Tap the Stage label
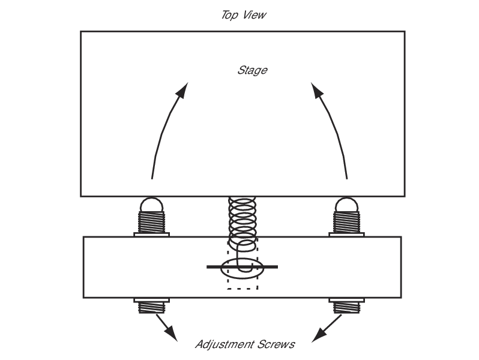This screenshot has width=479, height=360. [x=252, y=71]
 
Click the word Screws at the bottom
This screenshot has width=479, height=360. [x=277, y=344]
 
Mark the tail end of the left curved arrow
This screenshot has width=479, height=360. [x=152, y=178]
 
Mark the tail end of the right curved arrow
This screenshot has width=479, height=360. [x=347, y=178]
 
